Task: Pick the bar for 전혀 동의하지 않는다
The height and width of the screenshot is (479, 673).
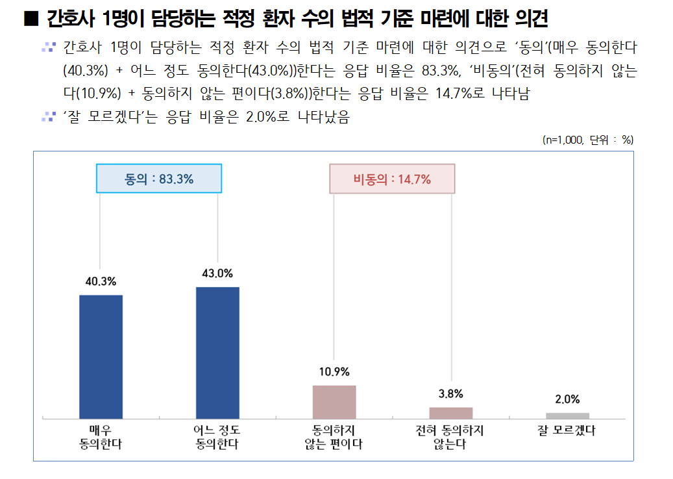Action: coord(451,413)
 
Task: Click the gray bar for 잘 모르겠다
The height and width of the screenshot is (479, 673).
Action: coord(568,415)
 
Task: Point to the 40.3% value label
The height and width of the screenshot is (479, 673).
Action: coord(101,281)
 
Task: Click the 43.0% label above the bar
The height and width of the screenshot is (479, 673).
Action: coord(217,273)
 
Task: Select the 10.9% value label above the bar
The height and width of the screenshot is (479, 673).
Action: coord(334,372)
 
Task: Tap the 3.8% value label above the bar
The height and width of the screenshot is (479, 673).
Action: coord(451,394)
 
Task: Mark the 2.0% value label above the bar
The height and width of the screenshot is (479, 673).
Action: coord(568,399)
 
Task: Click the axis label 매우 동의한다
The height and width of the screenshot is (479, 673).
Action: coord(101,437)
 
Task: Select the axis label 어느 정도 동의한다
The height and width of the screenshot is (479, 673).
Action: coord(217,437)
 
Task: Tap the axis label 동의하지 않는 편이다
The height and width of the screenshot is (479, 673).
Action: coord(334,437)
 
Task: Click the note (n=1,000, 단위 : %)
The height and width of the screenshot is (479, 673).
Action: coord(588,140)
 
